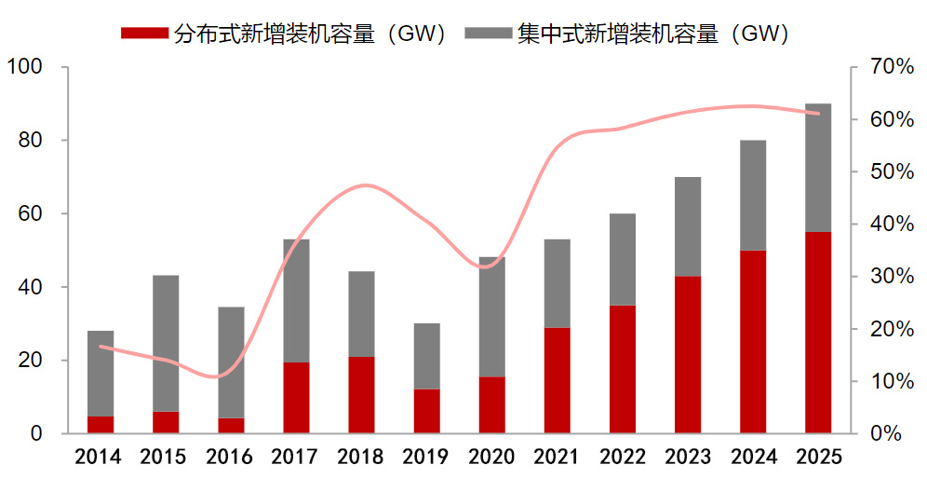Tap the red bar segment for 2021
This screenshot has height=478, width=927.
tap(558, 380)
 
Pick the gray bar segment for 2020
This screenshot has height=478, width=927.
tap(491, 317)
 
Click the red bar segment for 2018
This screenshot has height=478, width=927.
tap(361, 395)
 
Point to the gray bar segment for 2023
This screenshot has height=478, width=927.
tap(688, 226)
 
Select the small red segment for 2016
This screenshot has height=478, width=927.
tap(231, 426)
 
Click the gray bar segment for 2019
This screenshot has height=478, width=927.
tap(426, 356)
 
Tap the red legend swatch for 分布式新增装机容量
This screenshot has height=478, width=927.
tap(145, 34)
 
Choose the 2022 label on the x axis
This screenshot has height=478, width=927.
tap(622, 458)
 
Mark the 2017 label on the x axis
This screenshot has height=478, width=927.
tap(295, 458)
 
